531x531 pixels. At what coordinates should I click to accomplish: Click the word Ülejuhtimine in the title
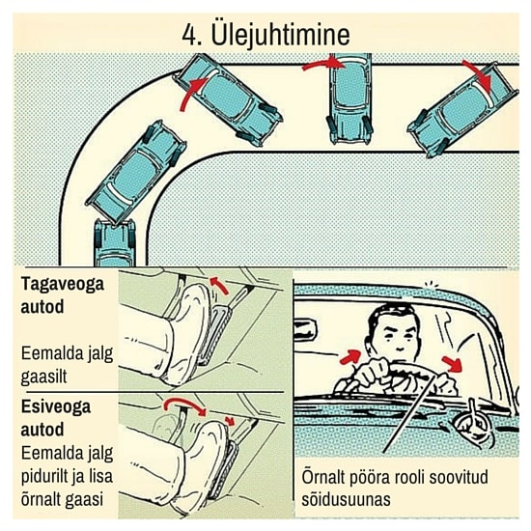tap(280, 35)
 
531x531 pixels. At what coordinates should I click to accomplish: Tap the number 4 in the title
tap(189, 35)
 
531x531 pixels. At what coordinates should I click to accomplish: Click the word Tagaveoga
tap(63, 284)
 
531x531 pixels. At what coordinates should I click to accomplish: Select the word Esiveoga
tap(56, 406)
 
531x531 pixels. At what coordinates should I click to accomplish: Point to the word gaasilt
tap(44, 377)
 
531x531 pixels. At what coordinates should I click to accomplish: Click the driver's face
tap(399, 336)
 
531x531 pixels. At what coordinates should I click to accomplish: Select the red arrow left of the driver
tap(350, 356)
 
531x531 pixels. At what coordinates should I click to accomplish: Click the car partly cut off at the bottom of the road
tap(115, 242)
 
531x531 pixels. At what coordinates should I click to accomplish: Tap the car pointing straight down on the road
tap(349, 98)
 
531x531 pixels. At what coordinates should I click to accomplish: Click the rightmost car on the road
tap(462, 110)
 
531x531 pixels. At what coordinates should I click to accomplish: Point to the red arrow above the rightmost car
tap(480, 75)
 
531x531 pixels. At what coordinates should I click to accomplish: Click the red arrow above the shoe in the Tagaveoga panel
tap(219, 285)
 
